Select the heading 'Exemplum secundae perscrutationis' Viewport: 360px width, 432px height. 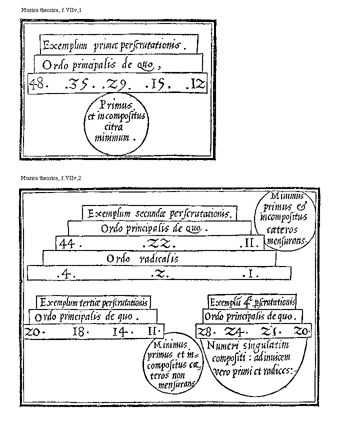(x=159, y=214)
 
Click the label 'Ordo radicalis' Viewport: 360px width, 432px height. (x=142, y=259)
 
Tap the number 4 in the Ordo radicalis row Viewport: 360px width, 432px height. (x=68, y=274)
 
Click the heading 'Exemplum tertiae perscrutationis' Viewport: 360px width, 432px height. (x=93, y=302)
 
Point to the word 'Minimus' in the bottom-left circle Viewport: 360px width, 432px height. (x=171, y=344)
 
